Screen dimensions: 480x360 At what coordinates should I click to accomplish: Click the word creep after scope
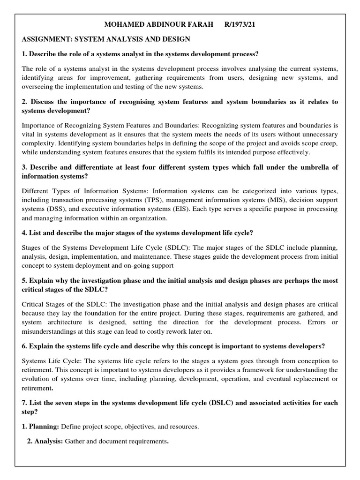(x=327, y=143)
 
